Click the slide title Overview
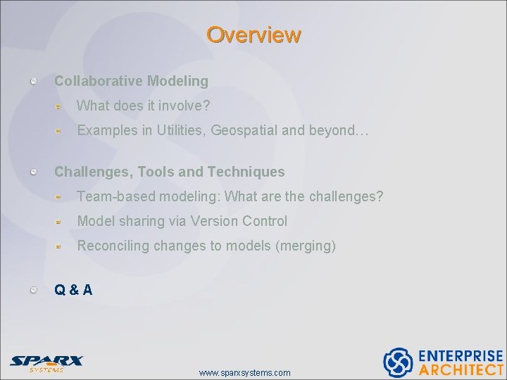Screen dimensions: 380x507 [254, 34]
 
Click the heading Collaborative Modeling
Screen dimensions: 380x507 [131, 81]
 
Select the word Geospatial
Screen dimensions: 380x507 [244, 130]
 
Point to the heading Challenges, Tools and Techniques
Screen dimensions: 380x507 [169, 172]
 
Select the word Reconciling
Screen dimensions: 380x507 [113, 246]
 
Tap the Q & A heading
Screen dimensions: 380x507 [73, 289]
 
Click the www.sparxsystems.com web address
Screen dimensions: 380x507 [244, 372]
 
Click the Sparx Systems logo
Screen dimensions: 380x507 [46, 363]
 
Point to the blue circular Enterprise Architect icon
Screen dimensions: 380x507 [398, 362]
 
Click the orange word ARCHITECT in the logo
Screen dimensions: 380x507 [461, 369]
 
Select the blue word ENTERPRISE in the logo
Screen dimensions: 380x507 [461, 356]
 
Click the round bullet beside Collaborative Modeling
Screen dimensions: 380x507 [34, 82]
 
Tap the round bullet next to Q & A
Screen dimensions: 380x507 [34, 290]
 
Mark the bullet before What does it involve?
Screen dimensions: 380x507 [61, 106]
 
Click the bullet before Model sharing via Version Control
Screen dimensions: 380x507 [61, 222]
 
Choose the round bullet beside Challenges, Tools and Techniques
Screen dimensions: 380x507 [34, 172]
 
